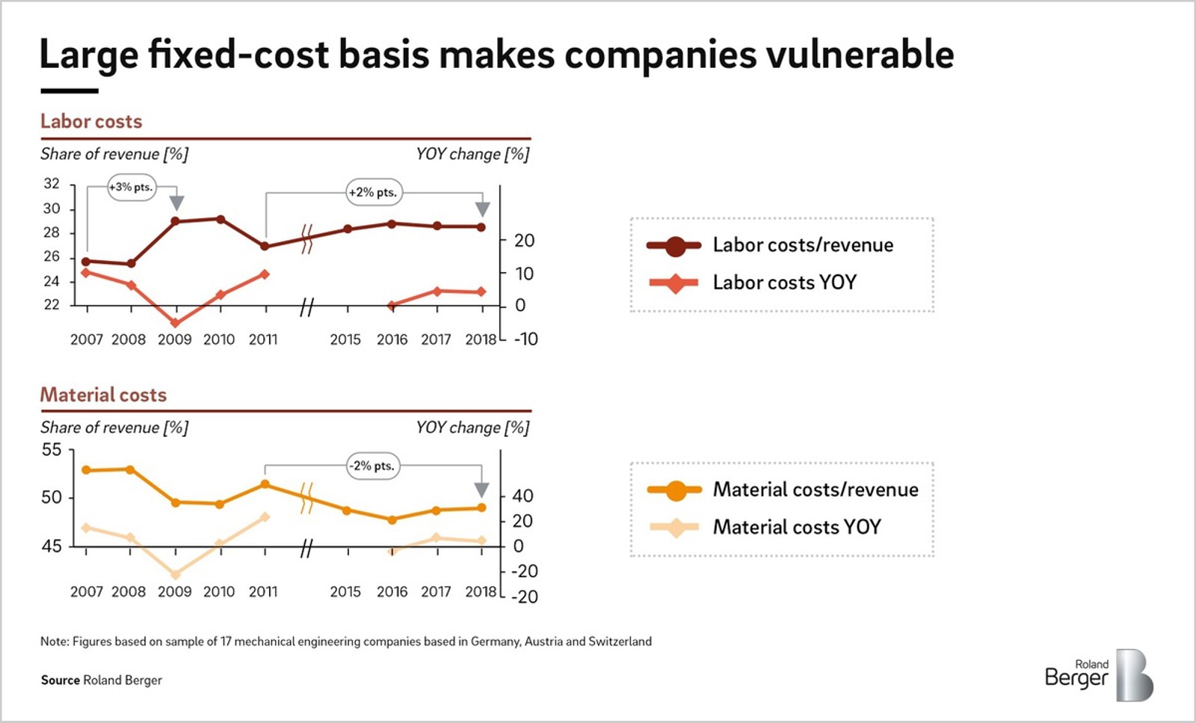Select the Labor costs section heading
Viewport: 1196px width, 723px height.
[91, 121]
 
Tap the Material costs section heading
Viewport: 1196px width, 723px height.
[103, 395]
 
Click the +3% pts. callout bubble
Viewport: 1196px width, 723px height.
[132, 188]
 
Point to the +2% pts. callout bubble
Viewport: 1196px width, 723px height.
[374, 192]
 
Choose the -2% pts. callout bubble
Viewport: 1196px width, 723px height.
[373, 466]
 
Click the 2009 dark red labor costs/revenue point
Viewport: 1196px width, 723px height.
[175, 221]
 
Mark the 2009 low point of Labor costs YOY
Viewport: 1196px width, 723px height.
[175, 323]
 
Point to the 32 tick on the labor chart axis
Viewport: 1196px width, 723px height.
[52, 184]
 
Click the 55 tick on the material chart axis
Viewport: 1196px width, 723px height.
[52, 450]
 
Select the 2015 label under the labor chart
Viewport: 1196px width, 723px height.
[345, 339]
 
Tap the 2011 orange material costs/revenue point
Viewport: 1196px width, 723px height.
[265, 484]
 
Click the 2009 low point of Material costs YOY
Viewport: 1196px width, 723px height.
[176, 575]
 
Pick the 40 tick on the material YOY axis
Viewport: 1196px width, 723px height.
[523, 496]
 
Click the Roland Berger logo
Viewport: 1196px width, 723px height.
[1099, 674]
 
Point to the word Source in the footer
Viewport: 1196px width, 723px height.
[60, 680]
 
